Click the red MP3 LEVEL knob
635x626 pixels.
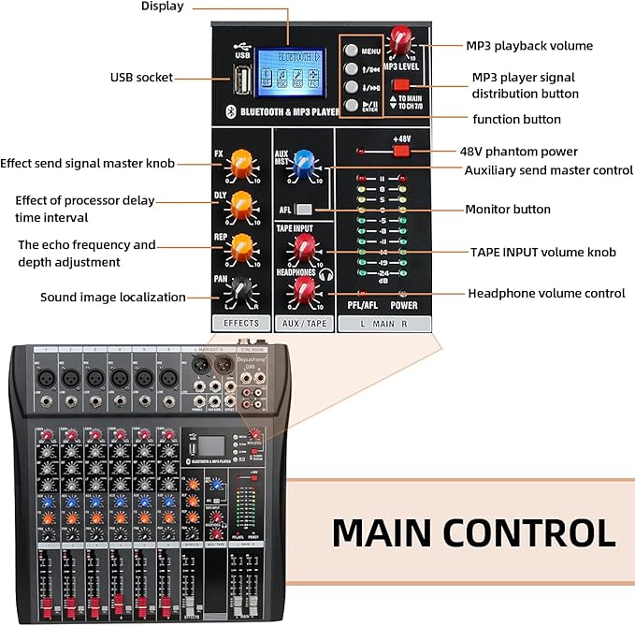pyautogui.click(x=402, y=40)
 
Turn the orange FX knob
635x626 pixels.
pyautogui.click(x=241, y=160)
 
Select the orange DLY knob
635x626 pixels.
pyautogui.click(x=241, y=202)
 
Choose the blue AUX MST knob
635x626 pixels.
pyautogui.click(x=304, y=165)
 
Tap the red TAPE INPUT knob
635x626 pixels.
pyautogui.click(x=304, y=248)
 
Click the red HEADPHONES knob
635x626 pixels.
pyautogui.click(x=304, y=290)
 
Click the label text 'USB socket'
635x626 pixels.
pyautogui.click(x=141, y=78)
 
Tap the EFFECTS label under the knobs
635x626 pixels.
pyautogui.click(x=241, y=323)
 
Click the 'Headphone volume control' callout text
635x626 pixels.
pyautogui.click(x=546, y=293)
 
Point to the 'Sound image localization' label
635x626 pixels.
pyautogui.click(x=113, y=298)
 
